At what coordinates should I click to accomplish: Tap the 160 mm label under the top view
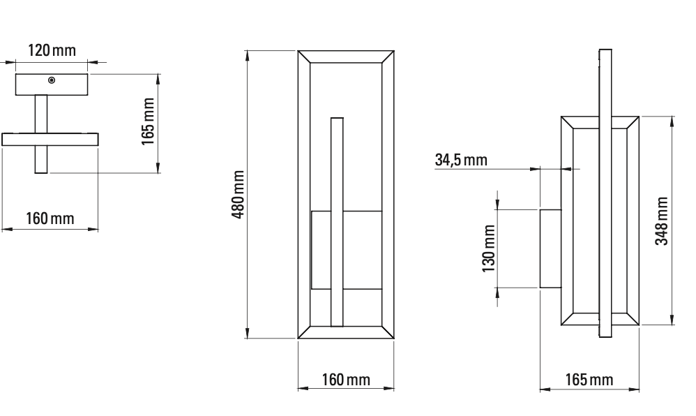pyautogui.click(x=50, y=218)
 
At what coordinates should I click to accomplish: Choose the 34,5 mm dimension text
pyautogui.click(x=461, y=159)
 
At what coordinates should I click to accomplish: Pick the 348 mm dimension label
pyautogui.click(x=663, y=220)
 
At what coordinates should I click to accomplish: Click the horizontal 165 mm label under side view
pyautogui.click(x=589, y=380)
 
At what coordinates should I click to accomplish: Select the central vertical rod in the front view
pyautogui.click(x=338, y=222)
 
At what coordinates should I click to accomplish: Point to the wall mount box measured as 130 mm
pyautogui.click(x=550, y=248)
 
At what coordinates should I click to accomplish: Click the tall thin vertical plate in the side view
pyautogui.click(x=605, y=194)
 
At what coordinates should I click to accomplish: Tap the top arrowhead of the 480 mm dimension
pyautogui.click(x=248, y=55)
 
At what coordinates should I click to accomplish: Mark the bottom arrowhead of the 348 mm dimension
pyautogui.click(x=672, y=320)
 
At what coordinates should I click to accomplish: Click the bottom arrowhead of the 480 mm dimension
pyautogui.click(x=248, y=334)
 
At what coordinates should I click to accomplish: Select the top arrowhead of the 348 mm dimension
pyautogui.click(x=672, y=121)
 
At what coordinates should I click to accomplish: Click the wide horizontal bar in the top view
pyautogui.click(x=50, y=139)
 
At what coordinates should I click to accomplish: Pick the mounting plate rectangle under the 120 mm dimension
pyautogui.click(x=52, y=84)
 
